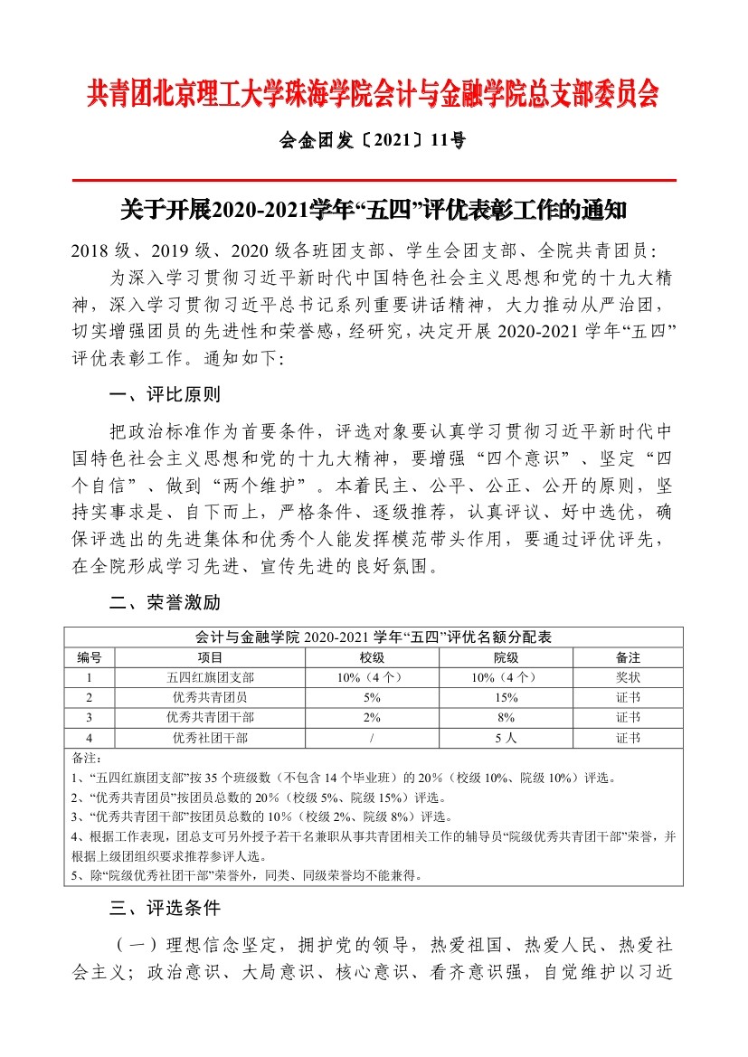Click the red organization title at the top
pos(374,93)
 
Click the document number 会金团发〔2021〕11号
pos(374,140)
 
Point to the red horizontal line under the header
pos(374,180)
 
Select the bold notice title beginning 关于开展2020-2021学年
pos(374,211)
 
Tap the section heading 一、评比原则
pos(164,395)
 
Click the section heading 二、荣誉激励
pos(164,603)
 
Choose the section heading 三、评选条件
pos(164,907)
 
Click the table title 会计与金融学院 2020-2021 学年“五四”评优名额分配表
pos(374,637)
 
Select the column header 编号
pos(89,656)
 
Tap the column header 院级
pos(506,656)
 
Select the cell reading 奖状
pos(629,677)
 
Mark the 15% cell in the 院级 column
pos(506,697)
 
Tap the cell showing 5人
pos(506,738)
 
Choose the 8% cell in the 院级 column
pos(506,717)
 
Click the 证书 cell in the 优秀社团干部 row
pos(629,738)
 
